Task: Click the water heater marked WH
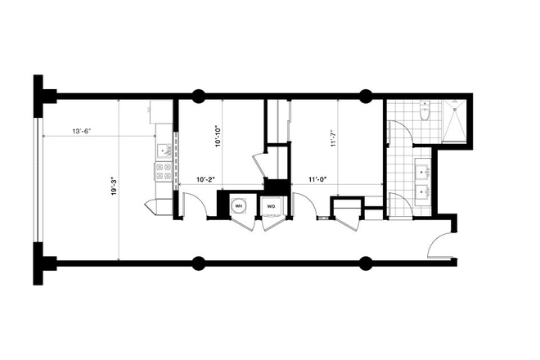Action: pyautogui.click(x=240, y=205)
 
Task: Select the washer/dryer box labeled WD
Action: pyautogui.click(x=270, y=205)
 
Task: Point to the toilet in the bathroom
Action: pyautogui.click(x=424, y=114)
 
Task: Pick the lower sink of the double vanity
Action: pyautogui.click(x=424, y=194)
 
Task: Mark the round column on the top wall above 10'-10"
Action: pyautogui.click(x=198, y=95)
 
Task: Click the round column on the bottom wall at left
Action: pyautogui.click(x=198, y=263)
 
